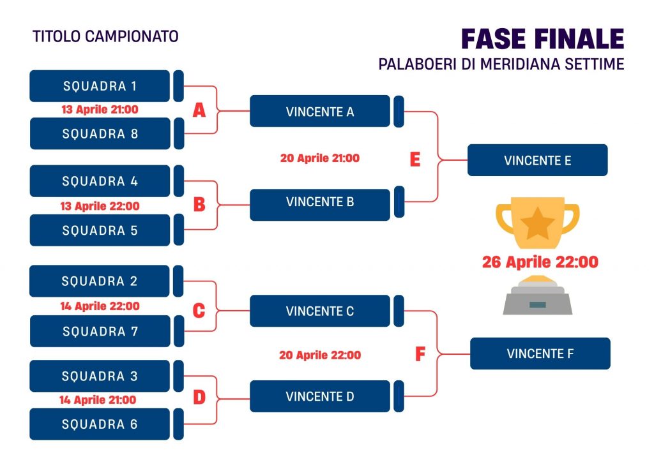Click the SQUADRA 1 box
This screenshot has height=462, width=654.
[100, 86]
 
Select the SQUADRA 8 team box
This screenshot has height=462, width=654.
[100, 133]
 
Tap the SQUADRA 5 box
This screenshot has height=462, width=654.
[100, 230]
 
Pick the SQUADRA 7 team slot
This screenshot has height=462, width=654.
[100, 331]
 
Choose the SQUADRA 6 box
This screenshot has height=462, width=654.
[100, 424]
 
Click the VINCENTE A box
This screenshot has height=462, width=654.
[320, 111]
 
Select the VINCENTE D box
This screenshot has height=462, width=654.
[320, 396]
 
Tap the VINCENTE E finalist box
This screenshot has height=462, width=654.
[538, 160]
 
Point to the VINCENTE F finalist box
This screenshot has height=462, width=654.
[540, 354]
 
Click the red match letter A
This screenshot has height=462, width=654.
[199, 110]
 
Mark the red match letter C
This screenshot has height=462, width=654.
[199, 310]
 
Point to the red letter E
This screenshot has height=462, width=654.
[415, 159]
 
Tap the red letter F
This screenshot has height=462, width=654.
[420, 354]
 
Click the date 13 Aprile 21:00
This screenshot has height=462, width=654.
[100, 110]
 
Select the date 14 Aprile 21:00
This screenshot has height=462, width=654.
[98, 400]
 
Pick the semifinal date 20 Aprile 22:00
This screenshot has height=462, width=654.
[320, 355]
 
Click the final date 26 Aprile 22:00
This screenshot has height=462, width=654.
[540, 262]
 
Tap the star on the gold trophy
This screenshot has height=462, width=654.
[538, 223]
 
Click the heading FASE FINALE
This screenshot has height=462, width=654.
[543, 39]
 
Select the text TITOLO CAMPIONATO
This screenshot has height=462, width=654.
[105, 36]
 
